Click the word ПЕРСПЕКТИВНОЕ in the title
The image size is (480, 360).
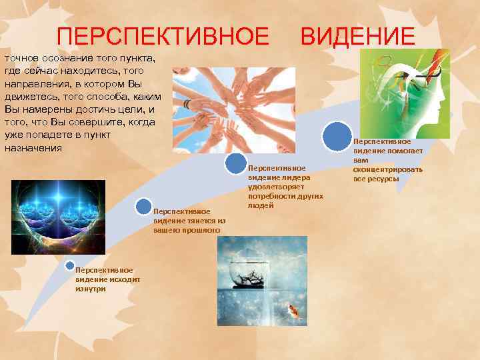click(x=163, y=35)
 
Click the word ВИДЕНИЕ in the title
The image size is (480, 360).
click(x=357, y=35)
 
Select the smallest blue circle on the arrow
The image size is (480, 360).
click(x=69, y=265)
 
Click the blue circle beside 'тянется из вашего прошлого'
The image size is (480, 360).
click(x=143, y=206)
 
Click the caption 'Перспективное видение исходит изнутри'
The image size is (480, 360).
click(x=98, y=279)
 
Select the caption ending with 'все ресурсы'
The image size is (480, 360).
click(x=387, y=160)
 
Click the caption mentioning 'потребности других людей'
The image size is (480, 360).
click(x=285, y=187)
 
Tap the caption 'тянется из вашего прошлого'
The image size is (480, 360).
click(x=189, y=221)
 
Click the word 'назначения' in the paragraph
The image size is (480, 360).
click(x=33, y=147)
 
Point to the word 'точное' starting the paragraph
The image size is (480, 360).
click(x=23, y=57)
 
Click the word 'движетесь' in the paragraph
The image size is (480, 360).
click(x=32, y=96)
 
